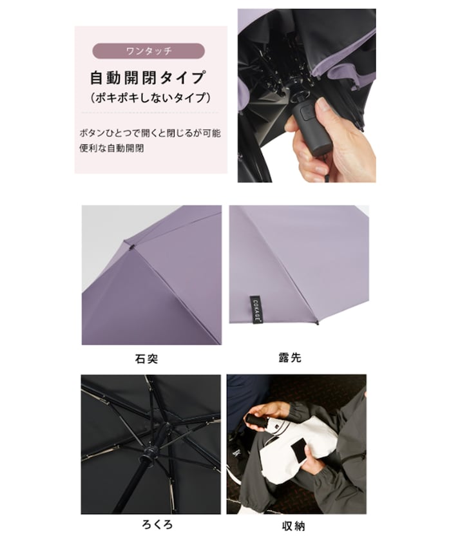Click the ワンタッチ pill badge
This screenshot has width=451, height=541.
[148, 51]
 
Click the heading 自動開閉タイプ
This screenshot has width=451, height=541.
[148, 79]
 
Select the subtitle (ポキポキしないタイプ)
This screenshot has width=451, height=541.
[148, 99]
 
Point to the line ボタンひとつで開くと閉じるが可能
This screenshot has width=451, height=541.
[148, 133]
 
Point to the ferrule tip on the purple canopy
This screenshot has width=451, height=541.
[131, 245]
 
